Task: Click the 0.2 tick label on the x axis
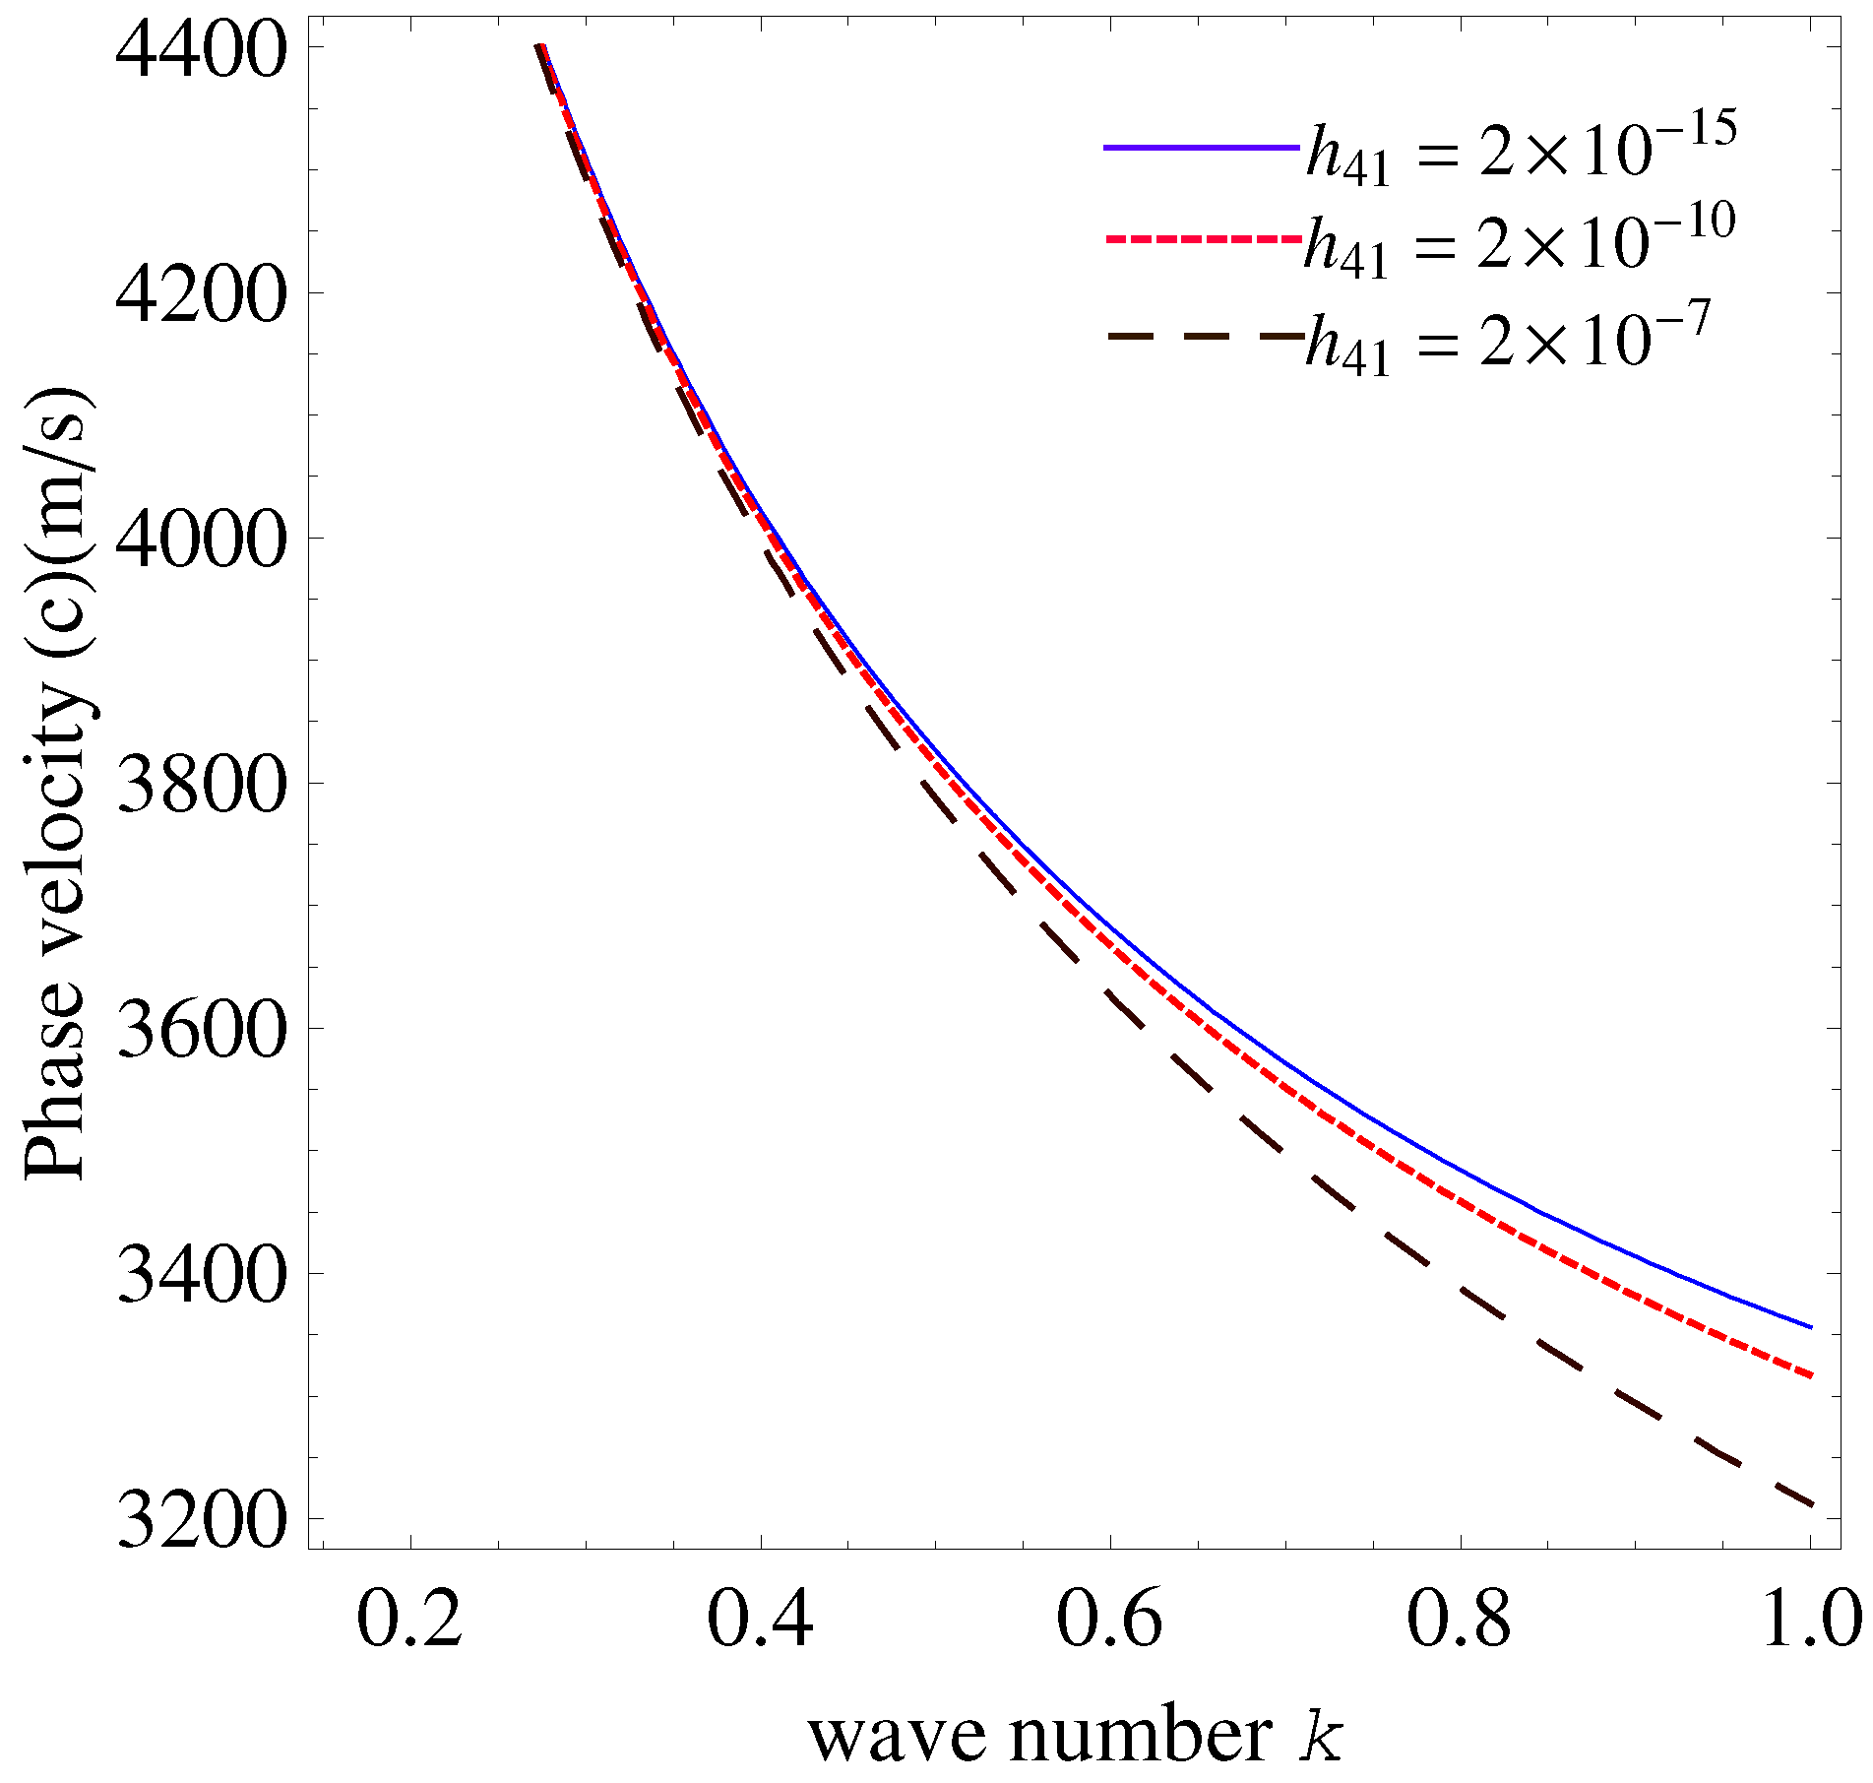[x=409, y=1620]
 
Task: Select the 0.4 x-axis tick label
[x=760, y=1620]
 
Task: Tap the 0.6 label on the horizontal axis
[x=1109, y=1620]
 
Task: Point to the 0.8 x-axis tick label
[x=1459, y=1620]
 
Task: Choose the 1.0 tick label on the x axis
[x=1809, y=1620]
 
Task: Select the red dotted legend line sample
[x=1201, y=239]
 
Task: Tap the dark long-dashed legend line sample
[x=1201, y=336]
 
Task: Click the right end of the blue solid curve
[x=1810, y=1326]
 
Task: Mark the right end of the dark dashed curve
[x=1810, y=1503]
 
